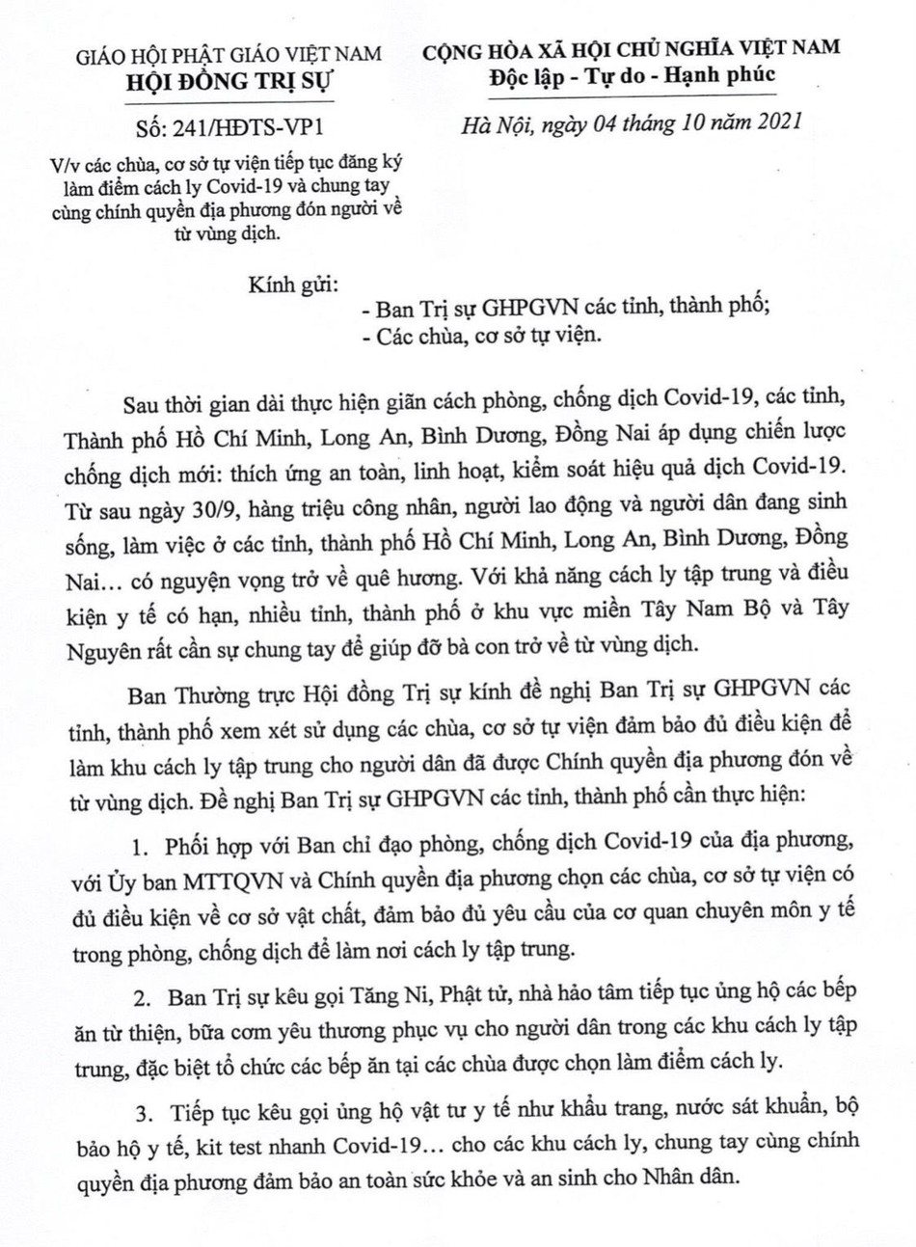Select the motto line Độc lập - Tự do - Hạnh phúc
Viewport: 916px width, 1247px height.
[x=632, y=75]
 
